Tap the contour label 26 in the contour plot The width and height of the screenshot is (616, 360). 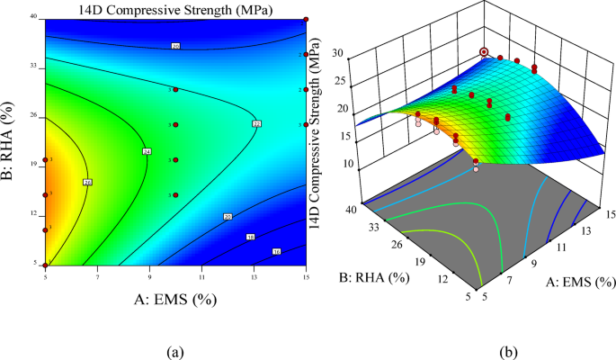click(x=87, y=183)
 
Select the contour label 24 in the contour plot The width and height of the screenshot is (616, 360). click(x=146, y=152)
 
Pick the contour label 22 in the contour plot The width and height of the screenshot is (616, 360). click(x=256, y=123)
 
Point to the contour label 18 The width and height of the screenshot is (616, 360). click(x=250, y=238)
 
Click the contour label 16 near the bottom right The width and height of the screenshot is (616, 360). click(x=276, y=251)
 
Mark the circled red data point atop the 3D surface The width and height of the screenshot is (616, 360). click(x=486, y=52)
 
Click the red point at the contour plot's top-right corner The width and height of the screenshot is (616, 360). click(x=306, y=19)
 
